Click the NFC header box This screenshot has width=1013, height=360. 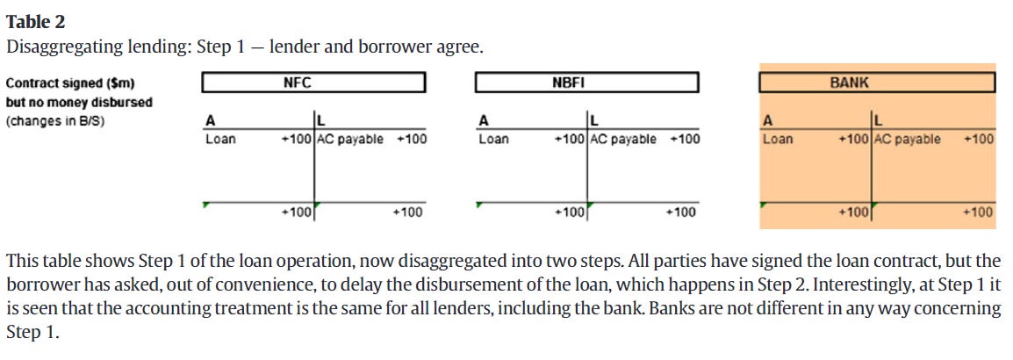tap(313, 83)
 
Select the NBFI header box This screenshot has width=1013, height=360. tap(586, 83)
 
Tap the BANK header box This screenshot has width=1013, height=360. tap(877, 83)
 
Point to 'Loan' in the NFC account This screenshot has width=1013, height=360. tap(220, 139)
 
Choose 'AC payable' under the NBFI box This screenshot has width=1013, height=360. tap(623, 139)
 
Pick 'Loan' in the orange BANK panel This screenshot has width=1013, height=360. tap(778, 139)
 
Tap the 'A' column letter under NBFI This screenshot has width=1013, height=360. tap(483, 120)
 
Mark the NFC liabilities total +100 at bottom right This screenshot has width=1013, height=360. tap(407, 212)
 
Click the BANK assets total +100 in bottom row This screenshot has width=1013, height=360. tap(853, 212)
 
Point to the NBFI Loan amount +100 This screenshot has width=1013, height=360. tap(570, 139)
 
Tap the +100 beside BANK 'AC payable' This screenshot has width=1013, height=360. tap(979, 139)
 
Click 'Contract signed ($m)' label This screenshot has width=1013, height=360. tap(71, 83)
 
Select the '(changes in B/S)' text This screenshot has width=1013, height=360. tap(55, 120)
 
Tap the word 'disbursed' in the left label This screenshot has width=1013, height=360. tap(125, 102)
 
